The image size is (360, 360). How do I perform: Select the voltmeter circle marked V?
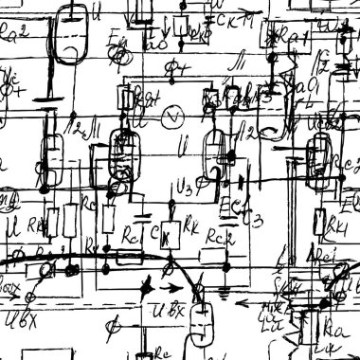pyautogui.click(x=172, y=117)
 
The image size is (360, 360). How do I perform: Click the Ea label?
pyautogui.click(x=117, y=40)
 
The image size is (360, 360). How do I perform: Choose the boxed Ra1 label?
pyautogui.click(x=295, y=38)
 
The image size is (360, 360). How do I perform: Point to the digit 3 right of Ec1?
pyautogui.click(x=257, y=220)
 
